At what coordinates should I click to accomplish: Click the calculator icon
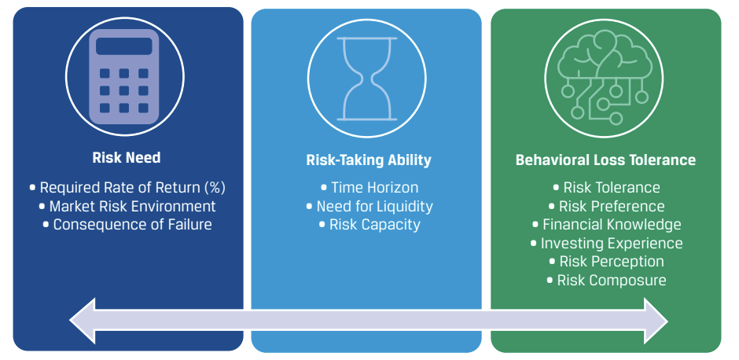[x=124, y=77]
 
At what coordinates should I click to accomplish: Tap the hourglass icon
[x=366, y=79]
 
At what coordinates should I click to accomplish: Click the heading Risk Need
[x=127, y=157]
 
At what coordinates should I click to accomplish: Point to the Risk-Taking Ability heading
[x=369, y=160]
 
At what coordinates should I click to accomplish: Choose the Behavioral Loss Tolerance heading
[x=605, y=160]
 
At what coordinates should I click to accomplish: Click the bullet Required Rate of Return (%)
[x=127, y=188]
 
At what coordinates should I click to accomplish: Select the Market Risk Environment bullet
[x=127, y=206]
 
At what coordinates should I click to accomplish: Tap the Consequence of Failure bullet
[x=127, y=224]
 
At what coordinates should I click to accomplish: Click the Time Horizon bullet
[x=369, y=188]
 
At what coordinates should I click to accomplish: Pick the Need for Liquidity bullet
[x=369, y=206]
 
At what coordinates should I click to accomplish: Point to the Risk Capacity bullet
[x=369, y=224]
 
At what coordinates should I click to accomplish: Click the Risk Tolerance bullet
[x=607, y=188]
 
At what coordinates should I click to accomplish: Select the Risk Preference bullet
[x=607, y=206]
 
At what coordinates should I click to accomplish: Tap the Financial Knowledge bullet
[x=607, y=224]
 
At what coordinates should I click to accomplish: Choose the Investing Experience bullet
[x=607, y=243]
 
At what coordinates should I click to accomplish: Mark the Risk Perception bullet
[x=607, y=262]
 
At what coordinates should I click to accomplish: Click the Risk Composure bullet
[x=607, y=281]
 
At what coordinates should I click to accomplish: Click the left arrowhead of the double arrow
[x=83, y=321]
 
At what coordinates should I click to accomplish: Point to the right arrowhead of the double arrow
[x=656, y=321]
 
